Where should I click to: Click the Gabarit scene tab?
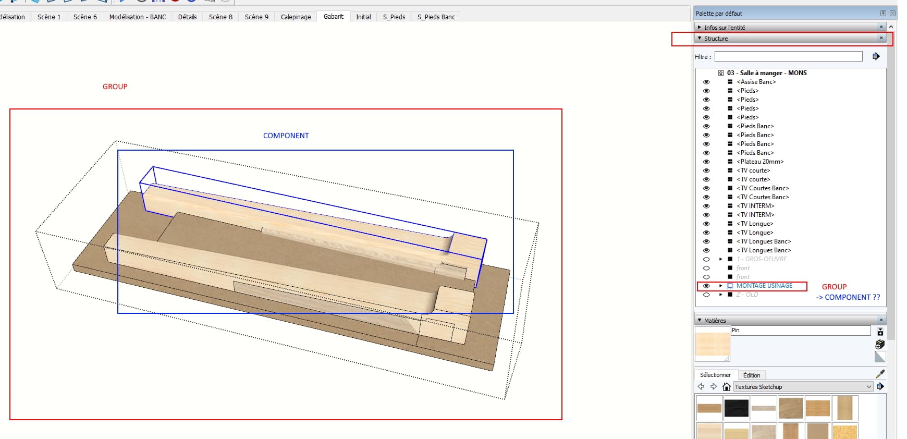[x=333, y=17]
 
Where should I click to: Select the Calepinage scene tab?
[x=296, y=17]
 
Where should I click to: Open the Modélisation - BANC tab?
[x=137, y=17]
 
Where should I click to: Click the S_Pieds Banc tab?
[x=436, y=17]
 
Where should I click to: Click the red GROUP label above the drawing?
[x=115, y=87]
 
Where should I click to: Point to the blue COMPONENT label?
[x=286, y=136]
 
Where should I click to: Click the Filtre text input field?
[x=788, y=56]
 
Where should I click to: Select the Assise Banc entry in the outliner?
[x=756, y=82]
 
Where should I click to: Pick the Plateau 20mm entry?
[x=760, y=162]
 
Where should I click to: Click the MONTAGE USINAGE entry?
[x=764, y=286]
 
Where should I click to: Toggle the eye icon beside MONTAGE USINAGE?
[x=706, y=286]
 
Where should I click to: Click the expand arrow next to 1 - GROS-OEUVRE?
[x=721, y=259]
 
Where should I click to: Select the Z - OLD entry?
[x=747, y=295]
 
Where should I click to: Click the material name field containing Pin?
[x=800, y=331]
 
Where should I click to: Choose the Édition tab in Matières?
[x=751, y=375]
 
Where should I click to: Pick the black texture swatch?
[x=737, y=408]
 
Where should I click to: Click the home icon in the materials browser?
[x=726, y=387]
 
